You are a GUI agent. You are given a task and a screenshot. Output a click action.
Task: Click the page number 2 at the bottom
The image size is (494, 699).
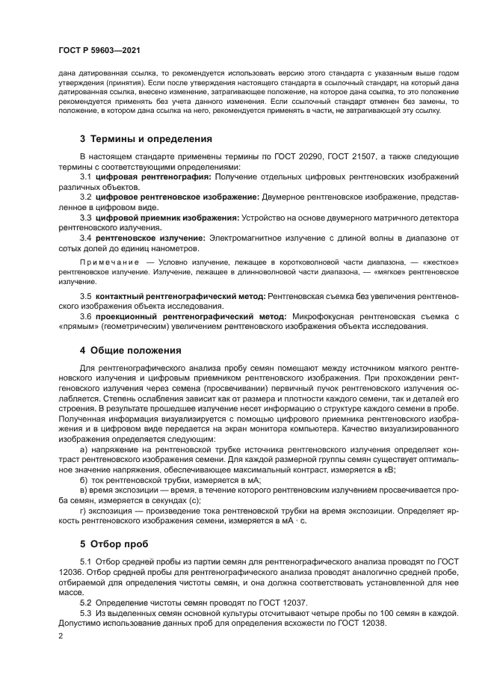[60, 635]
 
